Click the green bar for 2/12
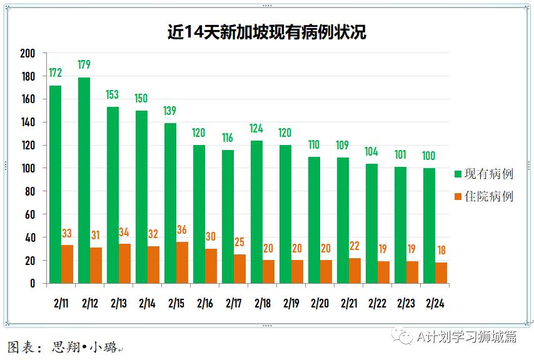click(x=84, y=181)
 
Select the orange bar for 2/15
click(x=182, y=262)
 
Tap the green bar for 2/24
click(x=429, y=226)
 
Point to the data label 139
click(x=169, y=111)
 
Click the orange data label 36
click(x=182, y=229)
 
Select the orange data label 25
click(x=239, y=242)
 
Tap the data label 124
click(x=256, y=129)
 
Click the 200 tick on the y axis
click(x=27, y=53)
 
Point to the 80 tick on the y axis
click(x=29, y=191)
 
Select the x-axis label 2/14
click(x=147, y=303)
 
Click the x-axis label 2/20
click(x=319, y=303)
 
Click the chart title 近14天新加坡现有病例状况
click(x=266, y=32)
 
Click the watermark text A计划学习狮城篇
click(x=466, y=337)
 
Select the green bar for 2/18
click(x=256, y=212)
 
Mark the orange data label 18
click(x=440, y=251)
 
